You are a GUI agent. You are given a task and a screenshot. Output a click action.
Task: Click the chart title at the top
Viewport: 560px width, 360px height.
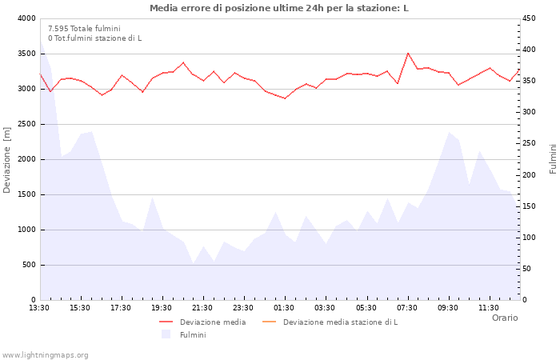[278, 8]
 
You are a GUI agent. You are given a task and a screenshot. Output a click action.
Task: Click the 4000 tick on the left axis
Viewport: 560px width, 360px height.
[26, 18]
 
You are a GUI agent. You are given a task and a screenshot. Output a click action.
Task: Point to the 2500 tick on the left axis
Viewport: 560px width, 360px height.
[26, 124]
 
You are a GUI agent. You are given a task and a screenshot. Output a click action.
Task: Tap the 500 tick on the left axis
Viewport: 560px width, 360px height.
[29, 265]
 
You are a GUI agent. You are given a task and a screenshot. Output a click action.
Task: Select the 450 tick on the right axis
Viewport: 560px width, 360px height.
[530, 18]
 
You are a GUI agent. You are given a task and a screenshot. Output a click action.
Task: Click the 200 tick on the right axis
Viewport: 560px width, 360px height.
[530, 175]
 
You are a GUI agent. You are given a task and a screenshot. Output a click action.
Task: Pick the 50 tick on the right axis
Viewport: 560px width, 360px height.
[528, 269]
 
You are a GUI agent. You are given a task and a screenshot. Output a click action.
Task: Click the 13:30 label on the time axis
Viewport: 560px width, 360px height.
[39, 307]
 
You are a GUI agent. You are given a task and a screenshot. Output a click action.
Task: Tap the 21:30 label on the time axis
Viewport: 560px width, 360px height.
[202, 307]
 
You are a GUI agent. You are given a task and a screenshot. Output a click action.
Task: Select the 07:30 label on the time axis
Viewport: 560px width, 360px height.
[406, 307]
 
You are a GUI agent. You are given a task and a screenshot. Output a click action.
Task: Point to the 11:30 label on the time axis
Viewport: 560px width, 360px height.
[488, 307]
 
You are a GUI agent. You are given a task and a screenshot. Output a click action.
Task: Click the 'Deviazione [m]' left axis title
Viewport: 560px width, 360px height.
[8, 159]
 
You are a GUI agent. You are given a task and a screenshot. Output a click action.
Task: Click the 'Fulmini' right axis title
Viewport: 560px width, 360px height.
[553, 159]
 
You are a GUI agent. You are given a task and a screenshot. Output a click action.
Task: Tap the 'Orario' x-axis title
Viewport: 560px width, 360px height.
[505, 318]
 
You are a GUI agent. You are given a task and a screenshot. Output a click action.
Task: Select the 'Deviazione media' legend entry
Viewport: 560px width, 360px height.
[213, 322]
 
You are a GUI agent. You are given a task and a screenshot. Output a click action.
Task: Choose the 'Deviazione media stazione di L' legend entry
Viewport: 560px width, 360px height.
[340, 322]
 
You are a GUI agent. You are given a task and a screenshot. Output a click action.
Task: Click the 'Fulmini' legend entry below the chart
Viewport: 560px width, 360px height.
[193, 335]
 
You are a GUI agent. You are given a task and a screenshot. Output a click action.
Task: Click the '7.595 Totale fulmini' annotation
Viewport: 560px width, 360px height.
[84, 29]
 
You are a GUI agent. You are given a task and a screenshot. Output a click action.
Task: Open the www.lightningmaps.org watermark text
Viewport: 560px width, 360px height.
[46, 355]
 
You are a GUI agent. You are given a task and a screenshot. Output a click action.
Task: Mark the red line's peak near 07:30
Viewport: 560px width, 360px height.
[408, 54]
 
